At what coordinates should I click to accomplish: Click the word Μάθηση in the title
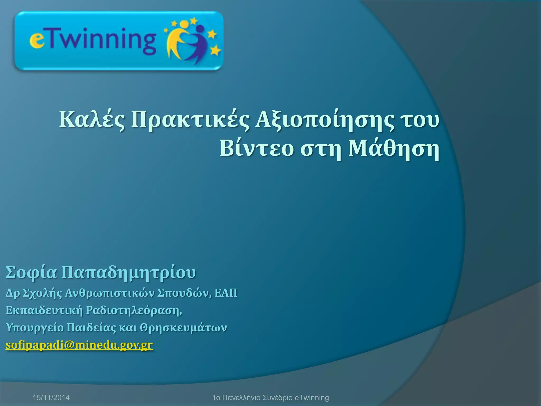pyautogui.click(x=394, y=149)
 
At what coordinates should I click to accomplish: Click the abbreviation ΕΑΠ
pyautogui.click(x=226, y=293)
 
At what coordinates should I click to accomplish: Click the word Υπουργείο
pyautogui.click(x=35, y=328)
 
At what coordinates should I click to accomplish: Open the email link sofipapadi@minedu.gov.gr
pyautogui.click(x=79, y=345)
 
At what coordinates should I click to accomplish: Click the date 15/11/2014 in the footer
pyautogui.click(x=51, y=398)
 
